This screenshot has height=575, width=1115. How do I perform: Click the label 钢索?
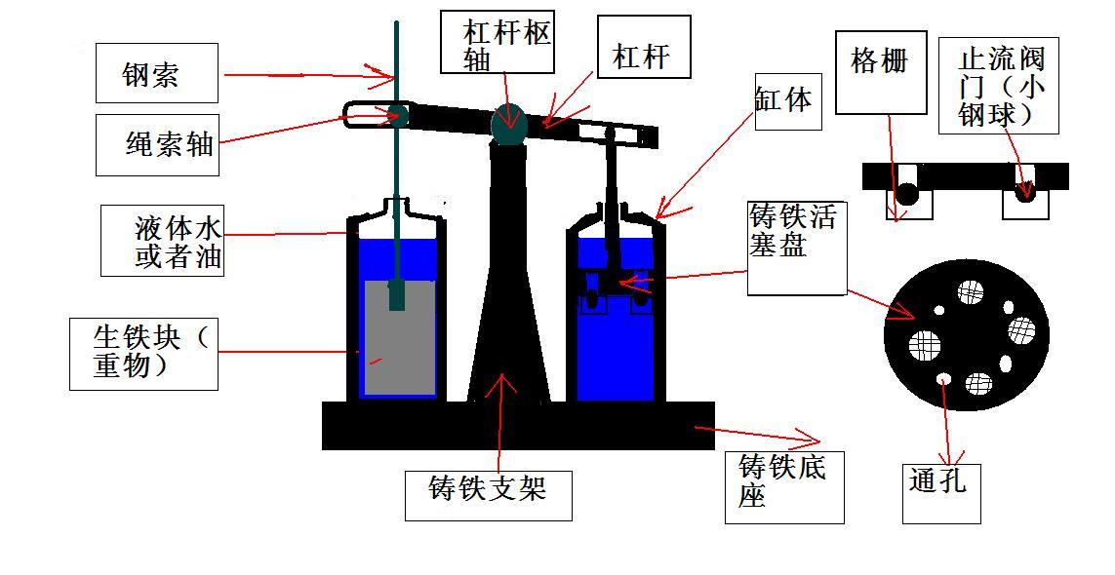click(x=156, y=73)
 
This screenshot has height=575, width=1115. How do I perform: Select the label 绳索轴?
click(x=157, y=145)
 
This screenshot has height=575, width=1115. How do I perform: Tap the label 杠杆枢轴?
click(x=498, y=43)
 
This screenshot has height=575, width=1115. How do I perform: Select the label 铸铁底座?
click(x=783, y=483)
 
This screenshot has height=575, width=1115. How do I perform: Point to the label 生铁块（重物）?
click(x=142, y=352)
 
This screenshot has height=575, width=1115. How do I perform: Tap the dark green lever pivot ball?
click(x=508, y=122)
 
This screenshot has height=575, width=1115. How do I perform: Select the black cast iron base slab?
click(x=517, y=426)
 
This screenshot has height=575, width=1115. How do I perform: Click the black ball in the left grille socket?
click(x=907, y=194)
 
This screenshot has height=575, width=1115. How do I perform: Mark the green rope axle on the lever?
click(x=397, y=112)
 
